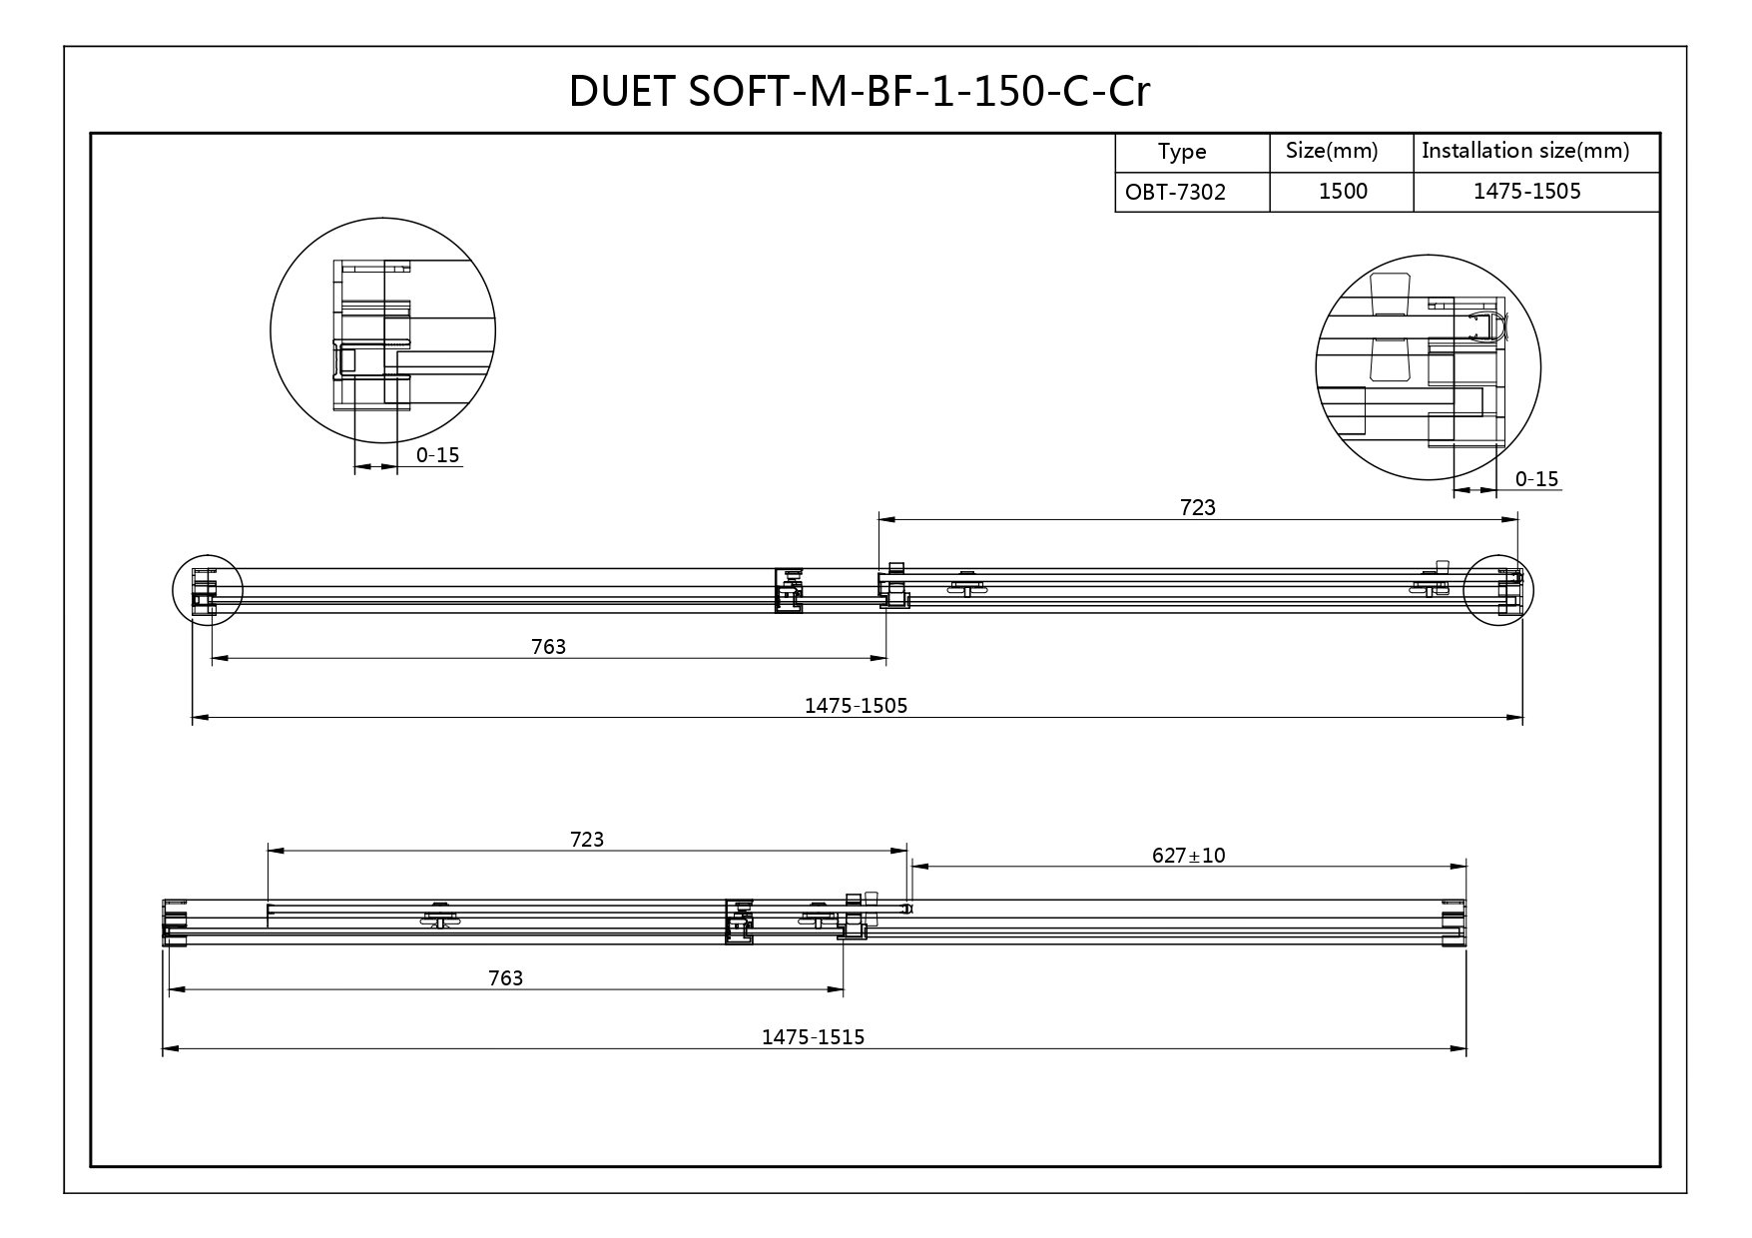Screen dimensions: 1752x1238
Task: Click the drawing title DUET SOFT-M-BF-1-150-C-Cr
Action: pos(860,92)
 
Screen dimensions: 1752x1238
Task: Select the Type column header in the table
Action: pos(1182,152)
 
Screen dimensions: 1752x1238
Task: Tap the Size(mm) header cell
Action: pos(1332,151)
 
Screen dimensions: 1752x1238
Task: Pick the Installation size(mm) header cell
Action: pos(1525,151)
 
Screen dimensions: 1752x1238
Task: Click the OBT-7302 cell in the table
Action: pos(1175,192)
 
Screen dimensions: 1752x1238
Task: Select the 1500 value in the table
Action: pos(1343,191)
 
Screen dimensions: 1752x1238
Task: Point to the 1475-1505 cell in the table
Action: pos(1527,191)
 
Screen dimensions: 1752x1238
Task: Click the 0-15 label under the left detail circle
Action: pos(437,455)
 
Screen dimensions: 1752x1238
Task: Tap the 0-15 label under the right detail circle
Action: pos(1536,479)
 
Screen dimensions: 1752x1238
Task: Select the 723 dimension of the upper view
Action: pos(1198,507)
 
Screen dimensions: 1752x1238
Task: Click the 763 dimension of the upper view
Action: pos(548,647)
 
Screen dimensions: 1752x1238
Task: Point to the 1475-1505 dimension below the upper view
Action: pos(857,706)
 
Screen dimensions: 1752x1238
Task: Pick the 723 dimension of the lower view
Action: pos(587,839)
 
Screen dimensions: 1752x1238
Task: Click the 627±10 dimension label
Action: pos(1188,855)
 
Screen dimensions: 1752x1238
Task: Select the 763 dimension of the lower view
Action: pos(506,977)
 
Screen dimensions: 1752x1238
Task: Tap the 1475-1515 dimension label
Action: pos(814,1037)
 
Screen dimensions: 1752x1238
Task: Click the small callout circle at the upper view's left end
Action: pos(173,590)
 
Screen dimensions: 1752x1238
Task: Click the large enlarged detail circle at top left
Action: pos(271,330)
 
